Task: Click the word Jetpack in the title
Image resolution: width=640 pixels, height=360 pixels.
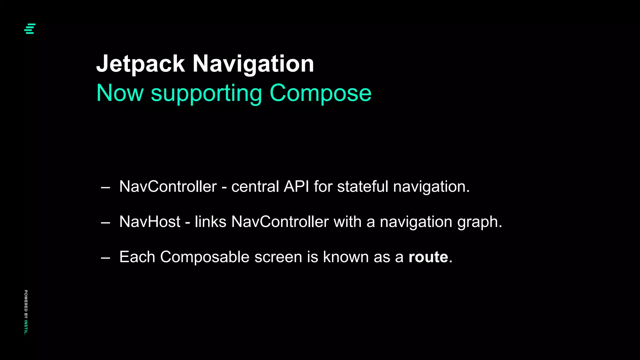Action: click(140, 64)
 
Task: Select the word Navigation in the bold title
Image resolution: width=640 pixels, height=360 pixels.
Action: click(253, 64)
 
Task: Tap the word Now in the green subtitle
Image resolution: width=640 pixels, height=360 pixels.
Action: click(120, 93)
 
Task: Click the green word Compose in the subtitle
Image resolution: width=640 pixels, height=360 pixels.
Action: click(320, 93)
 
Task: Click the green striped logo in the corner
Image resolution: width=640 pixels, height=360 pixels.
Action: click(30, 29)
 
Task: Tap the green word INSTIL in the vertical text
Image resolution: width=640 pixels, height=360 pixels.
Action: click(26, 327)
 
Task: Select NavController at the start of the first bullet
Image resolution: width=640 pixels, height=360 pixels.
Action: click(168, 187)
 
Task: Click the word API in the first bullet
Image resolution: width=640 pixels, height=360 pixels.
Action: click(296, 187)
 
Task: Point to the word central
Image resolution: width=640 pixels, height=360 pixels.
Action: click(255, 187)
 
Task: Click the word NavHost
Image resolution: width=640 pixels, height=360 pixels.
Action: click(150, 222)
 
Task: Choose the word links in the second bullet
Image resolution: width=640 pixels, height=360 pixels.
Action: click(210, 222)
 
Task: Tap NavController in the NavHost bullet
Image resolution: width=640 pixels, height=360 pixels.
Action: click(280, 222)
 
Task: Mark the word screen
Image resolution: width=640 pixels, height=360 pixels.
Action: click(278, 257)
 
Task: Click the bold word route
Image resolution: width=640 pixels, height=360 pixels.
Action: click(428, 257)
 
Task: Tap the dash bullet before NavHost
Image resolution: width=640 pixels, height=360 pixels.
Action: click(106, 223)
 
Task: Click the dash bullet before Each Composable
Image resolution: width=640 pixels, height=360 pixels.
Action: click(106, 258)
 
